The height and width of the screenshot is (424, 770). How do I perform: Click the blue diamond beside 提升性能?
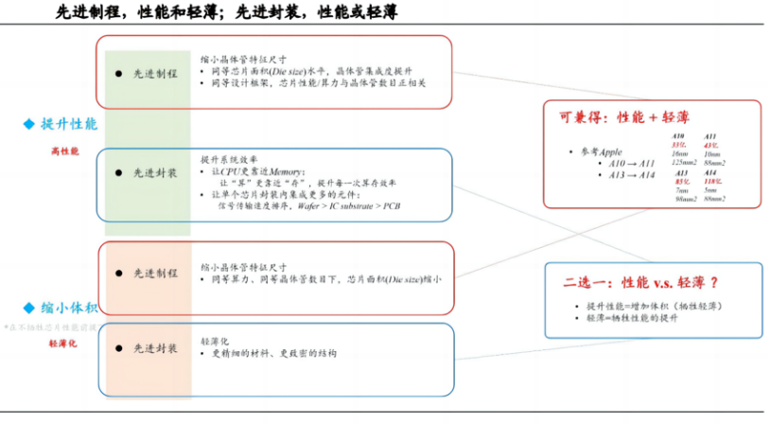click(x=29, y=124)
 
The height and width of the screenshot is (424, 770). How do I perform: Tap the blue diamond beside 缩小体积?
click(x=29, y=308)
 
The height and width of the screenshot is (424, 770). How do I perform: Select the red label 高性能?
click(x=64, y=151)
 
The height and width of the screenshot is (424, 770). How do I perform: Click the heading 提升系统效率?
click(x=228, y=158)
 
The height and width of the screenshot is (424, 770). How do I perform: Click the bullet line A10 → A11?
click(x=625, y=164)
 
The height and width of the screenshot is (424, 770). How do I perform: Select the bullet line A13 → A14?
click(x=625, y=175)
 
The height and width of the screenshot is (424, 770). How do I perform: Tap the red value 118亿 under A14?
click(x=714, y=181)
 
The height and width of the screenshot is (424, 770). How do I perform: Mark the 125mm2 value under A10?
click(x=684, y=162)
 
